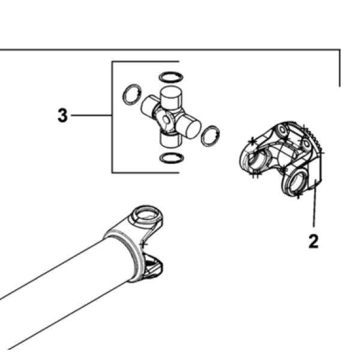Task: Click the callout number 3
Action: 62,115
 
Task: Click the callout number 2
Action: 313,241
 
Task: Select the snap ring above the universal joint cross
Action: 171,77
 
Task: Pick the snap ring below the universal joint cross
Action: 172,158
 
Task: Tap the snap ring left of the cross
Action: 132,94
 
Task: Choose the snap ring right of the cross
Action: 210,136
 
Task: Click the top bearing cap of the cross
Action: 171,98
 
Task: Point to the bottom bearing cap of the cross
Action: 170,140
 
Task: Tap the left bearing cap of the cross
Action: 149,106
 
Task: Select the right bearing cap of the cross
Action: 189,126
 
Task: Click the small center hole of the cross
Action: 166,119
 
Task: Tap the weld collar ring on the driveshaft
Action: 125,255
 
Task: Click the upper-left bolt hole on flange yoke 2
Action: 283,130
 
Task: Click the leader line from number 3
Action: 91,115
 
